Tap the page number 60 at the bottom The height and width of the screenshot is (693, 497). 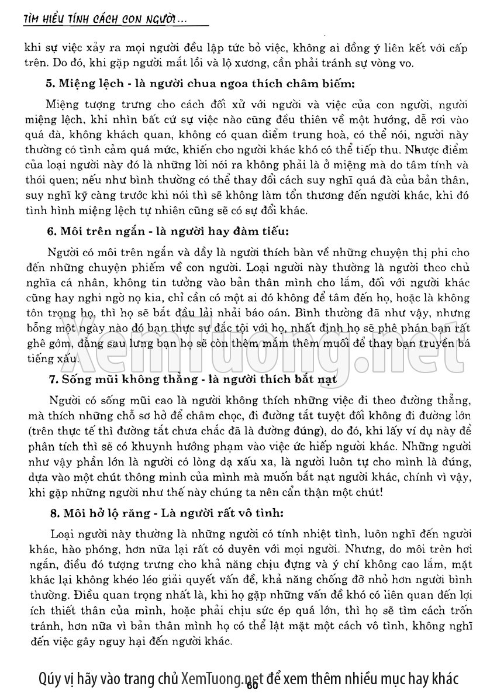pos(253,685)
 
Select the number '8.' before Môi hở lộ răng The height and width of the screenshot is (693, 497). pos(51,514)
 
